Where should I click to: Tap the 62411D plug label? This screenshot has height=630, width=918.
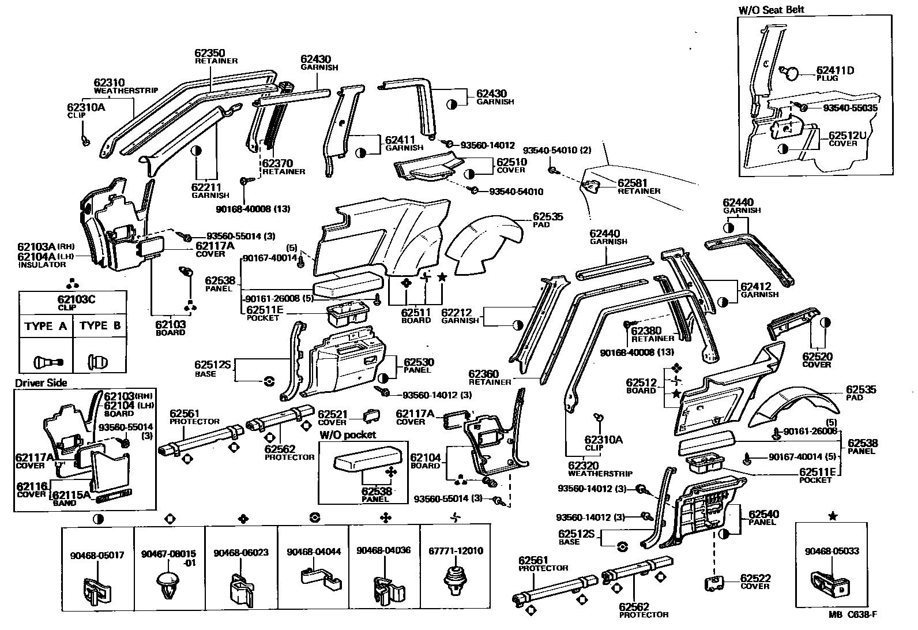(834, 70)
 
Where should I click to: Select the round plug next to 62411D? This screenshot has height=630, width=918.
(792, 73)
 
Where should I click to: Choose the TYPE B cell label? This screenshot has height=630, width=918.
(100, 326)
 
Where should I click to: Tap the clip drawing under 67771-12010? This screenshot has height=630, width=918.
(456, 579)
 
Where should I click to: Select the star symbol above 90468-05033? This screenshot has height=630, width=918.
(833, 516)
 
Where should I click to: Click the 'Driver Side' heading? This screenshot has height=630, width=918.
(41, 383)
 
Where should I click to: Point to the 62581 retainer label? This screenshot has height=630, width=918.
(633, 183)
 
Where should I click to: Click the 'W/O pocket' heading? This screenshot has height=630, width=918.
(348, 434)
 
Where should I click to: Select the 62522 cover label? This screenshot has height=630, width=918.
(755, 578)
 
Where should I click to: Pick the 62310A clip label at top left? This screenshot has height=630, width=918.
(86, 107)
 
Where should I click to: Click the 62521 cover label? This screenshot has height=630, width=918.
(333, 414)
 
